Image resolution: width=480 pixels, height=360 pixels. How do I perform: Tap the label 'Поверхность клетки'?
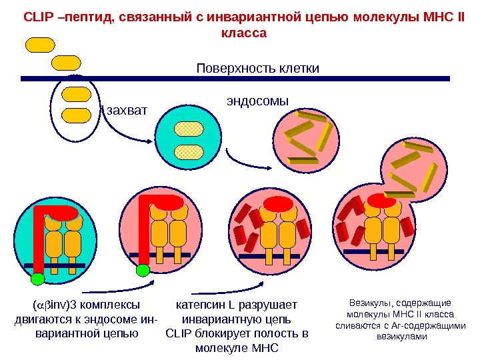click(258, 69)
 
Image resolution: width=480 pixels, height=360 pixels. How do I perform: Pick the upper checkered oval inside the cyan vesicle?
click(187, 129)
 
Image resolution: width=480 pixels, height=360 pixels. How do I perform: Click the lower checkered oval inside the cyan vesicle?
click(187, 151)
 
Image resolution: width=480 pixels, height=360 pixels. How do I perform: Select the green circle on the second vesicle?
click(143, 270)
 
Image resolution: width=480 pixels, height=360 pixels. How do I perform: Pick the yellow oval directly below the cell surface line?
click(75, 94)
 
